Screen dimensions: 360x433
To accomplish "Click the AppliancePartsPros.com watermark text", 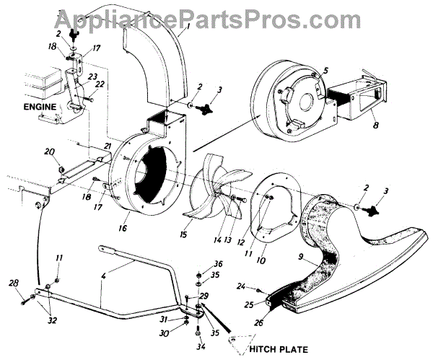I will tap(216, 14).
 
